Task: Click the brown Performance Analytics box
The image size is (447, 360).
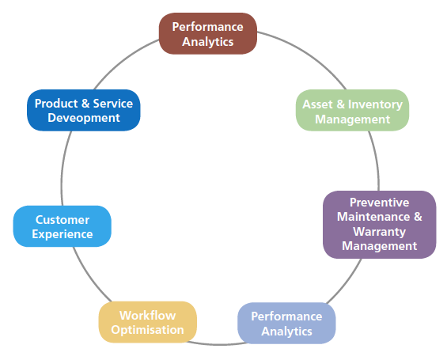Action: tap(208, 34)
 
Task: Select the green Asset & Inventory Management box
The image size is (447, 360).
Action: tap(352, 110)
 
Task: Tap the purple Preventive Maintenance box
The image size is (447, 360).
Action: tap(380, 225)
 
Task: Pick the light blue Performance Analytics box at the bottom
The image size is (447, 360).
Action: tap(286, 324)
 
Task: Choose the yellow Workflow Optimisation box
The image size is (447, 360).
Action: tap(148, 322)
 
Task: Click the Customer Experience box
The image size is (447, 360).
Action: tap(63, 226)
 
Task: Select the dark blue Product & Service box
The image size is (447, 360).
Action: tap(84, 110)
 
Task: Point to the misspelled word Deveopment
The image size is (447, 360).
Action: tap(84, 118)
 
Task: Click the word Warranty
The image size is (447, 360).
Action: tap(380, 232)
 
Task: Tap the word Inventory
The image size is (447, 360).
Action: tap(375, 104)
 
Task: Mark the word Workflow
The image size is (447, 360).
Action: tap(148, 315)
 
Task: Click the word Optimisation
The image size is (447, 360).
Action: tap(148, 330)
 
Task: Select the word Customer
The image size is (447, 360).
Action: tap(63, 220)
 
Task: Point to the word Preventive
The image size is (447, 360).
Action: tap(380, 203)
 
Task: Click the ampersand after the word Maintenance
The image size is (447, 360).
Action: tap(418, 217)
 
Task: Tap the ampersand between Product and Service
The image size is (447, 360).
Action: tap(85, 104)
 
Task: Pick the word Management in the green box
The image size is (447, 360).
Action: tap(352, 119)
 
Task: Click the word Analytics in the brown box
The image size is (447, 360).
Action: tap(208, 42)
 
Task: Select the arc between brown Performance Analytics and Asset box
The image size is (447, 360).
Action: tap(306, 55)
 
